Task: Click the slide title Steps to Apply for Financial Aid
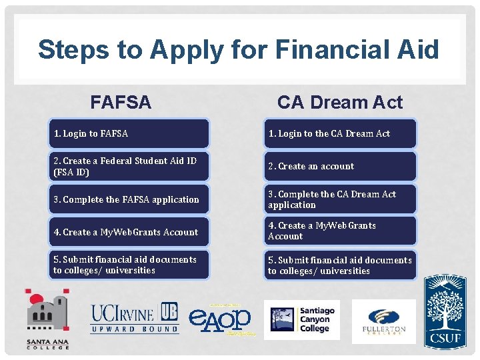239,50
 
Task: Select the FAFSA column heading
121,102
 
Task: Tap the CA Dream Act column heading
339,102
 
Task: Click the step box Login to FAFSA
128,133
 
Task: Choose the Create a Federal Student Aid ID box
128,167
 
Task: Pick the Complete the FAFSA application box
128,199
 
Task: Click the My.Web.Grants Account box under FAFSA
128,232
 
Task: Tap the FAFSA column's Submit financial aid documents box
128,265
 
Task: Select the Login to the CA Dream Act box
339,133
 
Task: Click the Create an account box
339,167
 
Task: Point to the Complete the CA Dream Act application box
339,199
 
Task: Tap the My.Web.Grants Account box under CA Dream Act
339,231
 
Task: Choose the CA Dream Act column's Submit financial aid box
339,265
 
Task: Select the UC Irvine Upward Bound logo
135,318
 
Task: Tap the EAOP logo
220,319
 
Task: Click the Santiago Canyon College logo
302,320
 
